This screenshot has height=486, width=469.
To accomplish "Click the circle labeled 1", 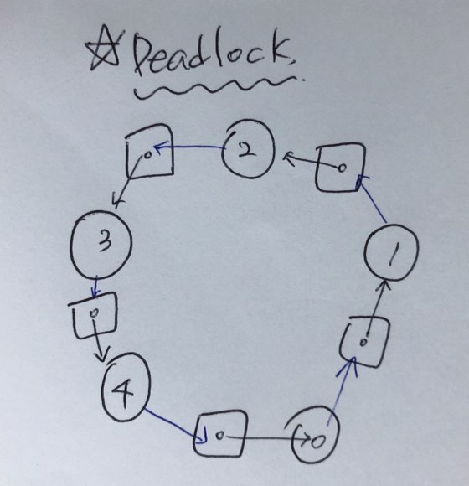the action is coord(365,252).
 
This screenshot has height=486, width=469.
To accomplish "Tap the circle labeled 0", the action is coord(293,434).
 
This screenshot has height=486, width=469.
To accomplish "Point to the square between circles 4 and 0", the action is coord(194,434).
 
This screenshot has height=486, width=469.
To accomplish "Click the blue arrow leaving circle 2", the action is coord(189,147).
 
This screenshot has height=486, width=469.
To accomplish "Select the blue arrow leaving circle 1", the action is coord(372,199).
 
